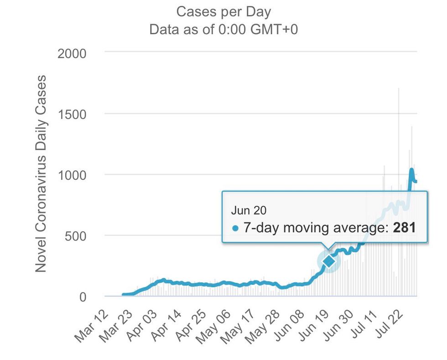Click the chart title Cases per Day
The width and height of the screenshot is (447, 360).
223,11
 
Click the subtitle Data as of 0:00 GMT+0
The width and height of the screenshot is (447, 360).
223,30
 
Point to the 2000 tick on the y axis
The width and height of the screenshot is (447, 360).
72,53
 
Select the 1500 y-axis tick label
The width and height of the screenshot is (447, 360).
72,114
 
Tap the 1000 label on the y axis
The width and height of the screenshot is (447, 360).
72,175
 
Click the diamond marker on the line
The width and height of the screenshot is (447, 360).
329,261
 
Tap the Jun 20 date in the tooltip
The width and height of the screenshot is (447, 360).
249,210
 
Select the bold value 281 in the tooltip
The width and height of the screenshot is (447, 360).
405,228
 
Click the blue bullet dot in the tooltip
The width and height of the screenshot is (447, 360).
235,228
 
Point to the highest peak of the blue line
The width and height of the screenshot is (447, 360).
411,170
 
